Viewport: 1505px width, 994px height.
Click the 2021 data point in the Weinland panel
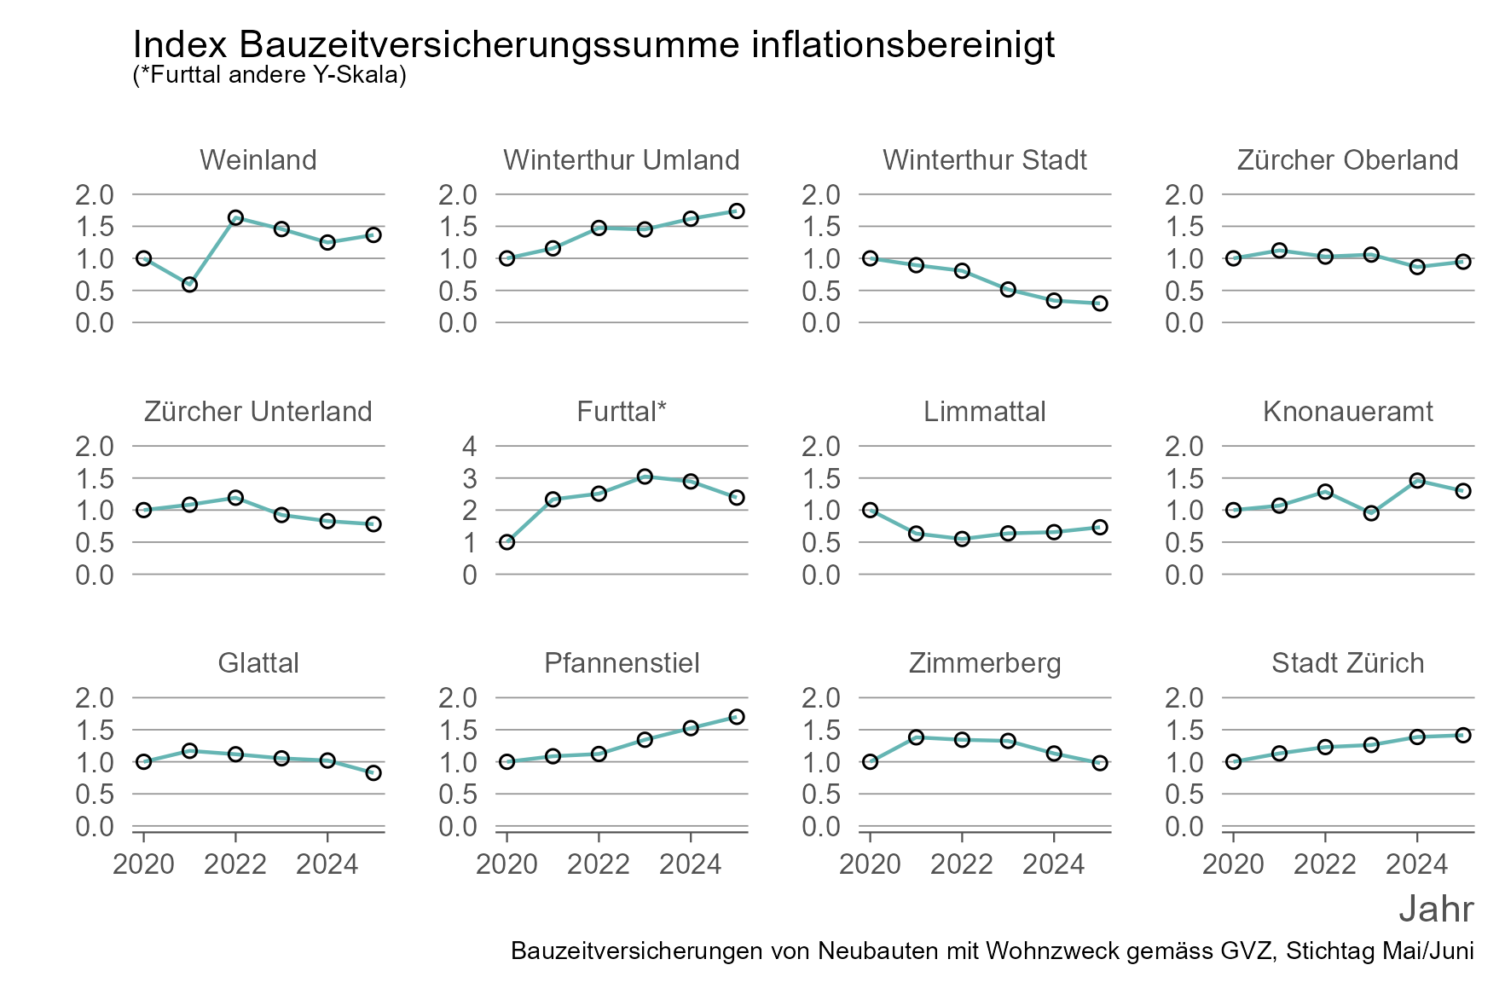[190, 284]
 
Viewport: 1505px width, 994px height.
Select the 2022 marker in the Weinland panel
[236, 217]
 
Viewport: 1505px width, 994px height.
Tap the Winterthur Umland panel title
[621, 160]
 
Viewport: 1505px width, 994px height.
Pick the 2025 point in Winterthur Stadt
[1100, 303]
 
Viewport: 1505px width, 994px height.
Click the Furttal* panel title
[621, 412]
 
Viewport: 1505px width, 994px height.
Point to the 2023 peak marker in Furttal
[645, 477]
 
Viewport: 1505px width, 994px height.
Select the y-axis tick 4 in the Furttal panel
[470, 446]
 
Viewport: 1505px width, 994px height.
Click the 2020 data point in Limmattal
[870, 510]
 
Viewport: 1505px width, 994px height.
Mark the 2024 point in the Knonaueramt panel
[1417, 481]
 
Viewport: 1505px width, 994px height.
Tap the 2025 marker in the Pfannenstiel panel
[737, 717]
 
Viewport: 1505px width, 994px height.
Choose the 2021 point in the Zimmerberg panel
[916, 737]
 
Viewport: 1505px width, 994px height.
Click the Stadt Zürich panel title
[1347, 663]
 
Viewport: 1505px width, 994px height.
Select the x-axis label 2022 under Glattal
[236, 864]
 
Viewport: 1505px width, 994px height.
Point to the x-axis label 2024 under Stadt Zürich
[1416, 864]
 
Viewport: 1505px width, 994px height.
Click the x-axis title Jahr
[1436, 909]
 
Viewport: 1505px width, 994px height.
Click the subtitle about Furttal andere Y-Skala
[269, 75]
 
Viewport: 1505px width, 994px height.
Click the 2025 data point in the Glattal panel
[373, 773]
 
